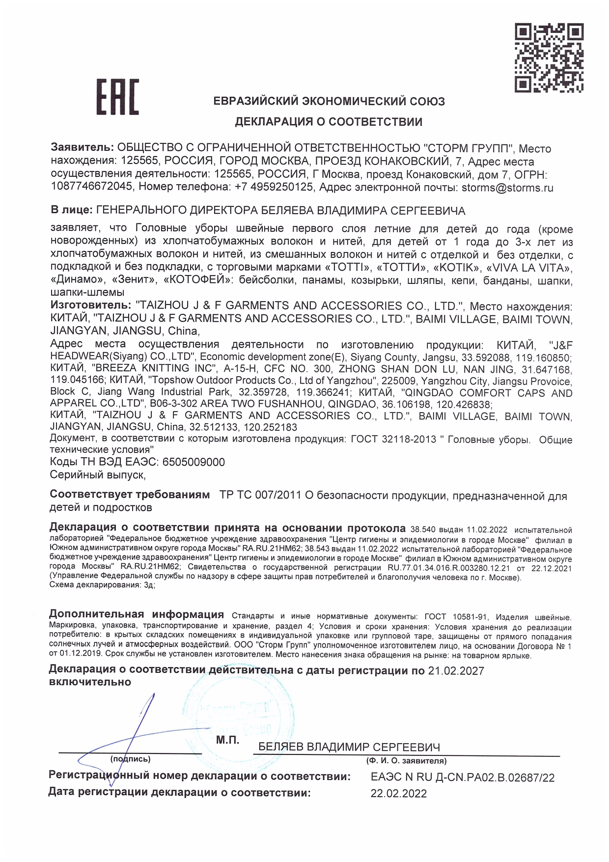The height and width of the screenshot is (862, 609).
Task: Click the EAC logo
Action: pos(117,97)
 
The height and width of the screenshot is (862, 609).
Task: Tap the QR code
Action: pos(549,57)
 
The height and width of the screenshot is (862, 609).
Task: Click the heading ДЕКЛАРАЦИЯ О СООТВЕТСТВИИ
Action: pos(328,122)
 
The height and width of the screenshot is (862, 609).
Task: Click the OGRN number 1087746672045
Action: pos(92,187)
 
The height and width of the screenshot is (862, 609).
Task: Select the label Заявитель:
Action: pos(82,147)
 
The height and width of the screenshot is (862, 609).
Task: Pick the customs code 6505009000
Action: pos(194,462)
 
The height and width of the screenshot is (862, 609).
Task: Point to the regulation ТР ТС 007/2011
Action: pos(260,495)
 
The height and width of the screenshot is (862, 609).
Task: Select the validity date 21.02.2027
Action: pos(456,671)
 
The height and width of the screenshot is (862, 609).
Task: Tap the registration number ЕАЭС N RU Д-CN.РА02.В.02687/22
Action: pos(462,778)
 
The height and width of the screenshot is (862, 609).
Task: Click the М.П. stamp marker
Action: pos(227,740)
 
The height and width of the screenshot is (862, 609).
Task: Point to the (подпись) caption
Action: pos(131,759)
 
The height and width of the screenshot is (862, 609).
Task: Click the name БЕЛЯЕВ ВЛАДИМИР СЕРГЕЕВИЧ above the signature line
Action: pos(349,747)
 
